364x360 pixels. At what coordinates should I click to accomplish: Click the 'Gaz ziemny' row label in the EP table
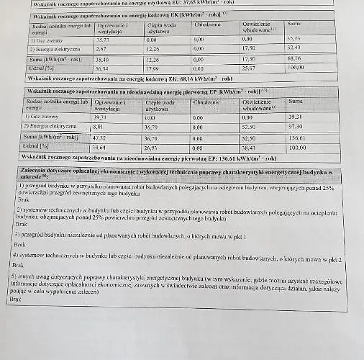pos(41,115)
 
